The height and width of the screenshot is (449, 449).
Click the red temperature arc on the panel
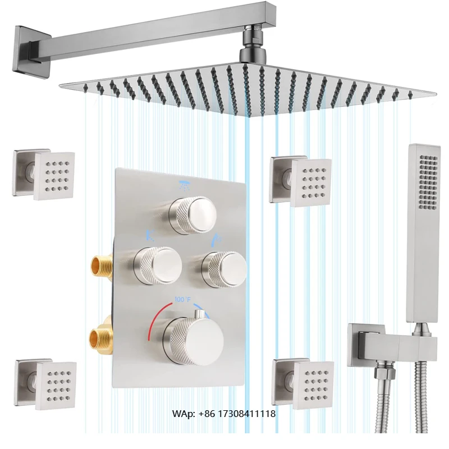coord(154,320)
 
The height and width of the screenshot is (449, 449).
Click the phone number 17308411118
coord(246,414)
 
